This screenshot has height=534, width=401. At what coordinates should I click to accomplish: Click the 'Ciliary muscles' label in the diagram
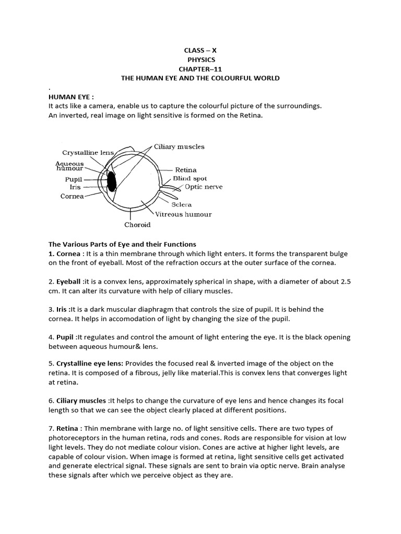pos(179,147)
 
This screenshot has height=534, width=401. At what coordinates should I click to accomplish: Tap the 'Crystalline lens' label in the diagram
pos(88,153)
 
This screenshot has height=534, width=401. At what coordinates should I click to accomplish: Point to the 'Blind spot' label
pos(190,178)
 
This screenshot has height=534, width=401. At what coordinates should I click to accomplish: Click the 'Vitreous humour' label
pos(184,214)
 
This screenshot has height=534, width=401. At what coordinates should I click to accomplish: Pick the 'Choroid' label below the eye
pos(137,225)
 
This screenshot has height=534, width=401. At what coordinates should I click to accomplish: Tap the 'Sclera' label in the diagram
pos(183,205)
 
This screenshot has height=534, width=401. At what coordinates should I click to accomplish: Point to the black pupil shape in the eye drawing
pos(111,180)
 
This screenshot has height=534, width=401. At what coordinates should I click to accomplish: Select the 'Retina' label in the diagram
pos(185,169)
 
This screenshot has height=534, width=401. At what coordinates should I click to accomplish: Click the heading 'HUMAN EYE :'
pos(67,96)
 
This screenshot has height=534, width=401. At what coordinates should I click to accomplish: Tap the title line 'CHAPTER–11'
pos(200,69)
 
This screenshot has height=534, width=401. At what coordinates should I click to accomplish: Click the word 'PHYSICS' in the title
pos(200,59)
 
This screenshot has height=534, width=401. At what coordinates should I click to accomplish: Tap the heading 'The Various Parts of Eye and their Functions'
pos(122,244)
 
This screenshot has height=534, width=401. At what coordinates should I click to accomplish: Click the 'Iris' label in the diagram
pos(75,186)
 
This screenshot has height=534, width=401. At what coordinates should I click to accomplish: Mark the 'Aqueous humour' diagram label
pos(70,166)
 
